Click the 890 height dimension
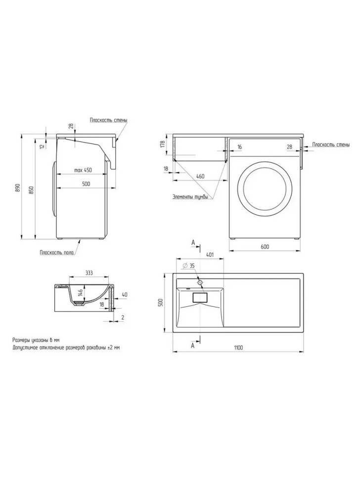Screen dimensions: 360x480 (x=17, y=188)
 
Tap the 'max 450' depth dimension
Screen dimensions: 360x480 (x=83, y=170)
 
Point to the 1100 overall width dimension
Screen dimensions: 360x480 (x=238, y=347)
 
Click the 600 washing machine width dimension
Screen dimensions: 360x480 (x=265, y=246)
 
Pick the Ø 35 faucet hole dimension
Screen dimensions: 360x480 (x=188, y=265)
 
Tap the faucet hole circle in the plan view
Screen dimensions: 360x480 (x=200, y=282)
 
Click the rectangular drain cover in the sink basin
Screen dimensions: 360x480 (x=200, y=297)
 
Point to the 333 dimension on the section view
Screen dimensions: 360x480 (x=89, y=273)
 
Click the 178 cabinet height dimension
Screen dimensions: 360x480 (x=162, y=144)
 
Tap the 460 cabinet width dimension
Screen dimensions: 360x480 (x=200, y=176)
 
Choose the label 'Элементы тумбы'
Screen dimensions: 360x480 (x=190, y=197)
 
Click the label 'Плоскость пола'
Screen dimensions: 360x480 (x=56, y=252)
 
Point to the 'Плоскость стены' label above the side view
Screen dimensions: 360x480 (x=108, y=120)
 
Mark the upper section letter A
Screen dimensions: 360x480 (x=193, y=243)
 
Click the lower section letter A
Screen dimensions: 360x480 (x=193, y=345)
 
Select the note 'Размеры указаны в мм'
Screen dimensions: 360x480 (x=36, y=340)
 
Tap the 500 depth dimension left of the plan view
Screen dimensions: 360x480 (x=162, y=302)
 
